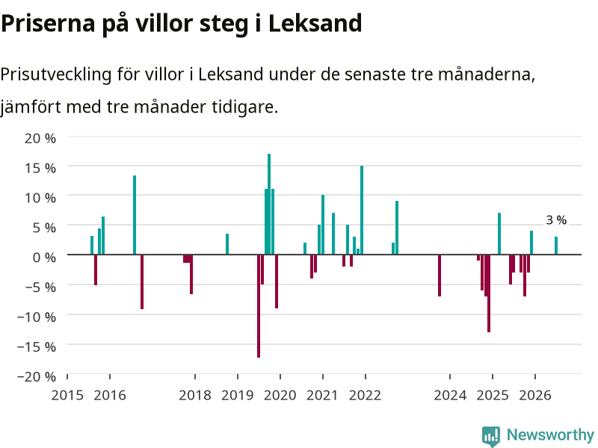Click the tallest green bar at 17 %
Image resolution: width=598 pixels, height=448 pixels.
[269, 204]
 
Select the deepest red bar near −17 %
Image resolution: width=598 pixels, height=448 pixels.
[259, 306]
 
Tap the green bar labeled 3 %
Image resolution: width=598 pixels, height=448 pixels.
[556, 246]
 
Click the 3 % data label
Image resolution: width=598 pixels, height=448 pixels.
[556, 220]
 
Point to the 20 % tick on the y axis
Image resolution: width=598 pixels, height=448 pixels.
[40, 138]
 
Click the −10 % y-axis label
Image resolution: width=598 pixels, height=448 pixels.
[37, 317]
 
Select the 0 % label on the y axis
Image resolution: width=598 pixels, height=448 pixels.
[44, 257]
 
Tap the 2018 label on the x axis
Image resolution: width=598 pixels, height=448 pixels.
[195, 395]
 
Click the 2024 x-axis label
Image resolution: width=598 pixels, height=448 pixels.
[450, 395]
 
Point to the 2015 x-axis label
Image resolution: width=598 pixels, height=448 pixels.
[67, 395]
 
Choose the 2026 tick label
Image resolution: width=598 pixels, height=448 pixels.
[535, 395]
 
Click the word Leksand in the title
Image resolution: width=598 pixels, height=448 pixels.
[315, 23]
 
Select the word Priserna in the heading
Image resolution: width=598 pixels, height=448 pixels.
[48, 23]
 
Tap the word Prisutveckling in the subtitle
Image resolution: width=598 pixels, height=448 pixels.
[55, 74]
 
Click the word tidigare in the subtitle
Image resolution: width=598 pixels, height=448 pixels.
[245, 107]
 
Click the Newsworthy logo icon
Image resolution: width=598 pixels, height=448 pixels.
[491, 436]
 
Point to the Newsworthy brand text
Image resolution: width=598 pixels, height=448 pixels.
[550, 435]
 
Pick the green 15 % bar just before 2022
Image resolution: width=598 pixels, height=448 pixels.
[362, 210]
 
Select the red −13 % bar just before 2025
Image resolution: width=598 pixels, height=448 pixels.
[489, 293]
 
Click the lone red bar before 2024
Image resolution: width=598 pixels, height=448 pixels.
[440, 276]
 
